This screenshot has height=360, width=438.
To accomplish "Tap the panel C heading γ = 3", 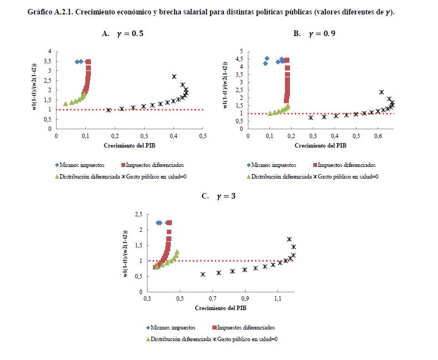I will coord(219,195).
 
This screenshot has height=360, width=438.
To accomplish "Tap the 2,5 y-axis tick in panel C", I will coord(139,214).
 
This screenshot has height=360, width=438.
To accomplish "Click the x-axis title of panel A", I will coord(129,146).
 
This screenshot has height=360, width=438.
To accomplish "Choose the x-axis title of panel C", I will coord(221,307).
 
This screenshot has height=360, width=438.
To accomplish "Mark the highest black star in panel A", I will coord(174,77).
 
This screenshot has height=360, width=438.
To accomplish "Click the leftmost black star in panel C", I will coord(203,274).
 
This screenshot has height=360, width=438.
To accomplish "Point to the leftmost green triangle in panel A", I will coord(65,104).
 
